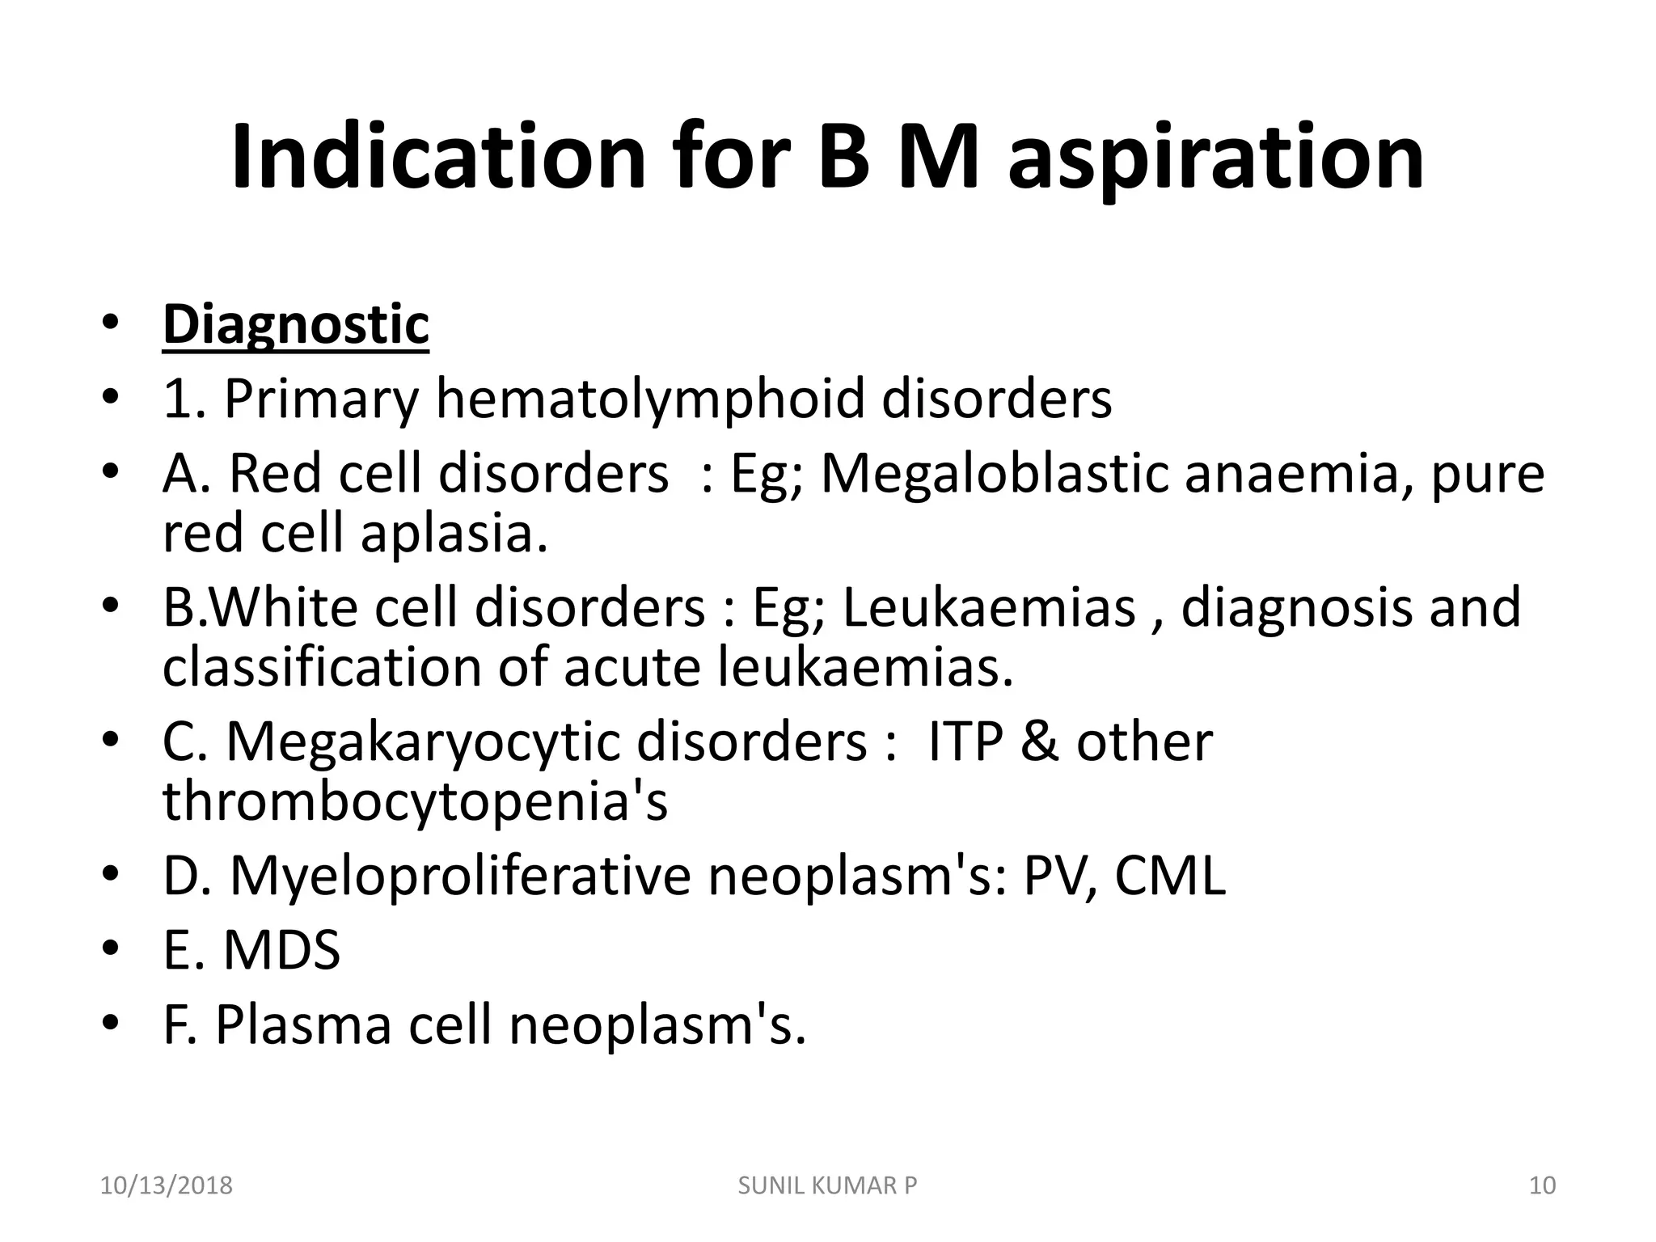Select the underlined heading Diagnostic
296,325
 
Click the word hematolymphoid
651,399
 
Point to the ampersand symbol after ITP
1040,742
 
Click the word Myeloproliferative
460,876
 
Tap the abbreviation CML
1169,876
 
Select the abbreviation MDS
281,950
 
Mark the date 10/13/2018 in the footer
166,1186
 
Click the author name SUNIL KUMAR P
828,1186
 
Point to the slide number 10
1543,1186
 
